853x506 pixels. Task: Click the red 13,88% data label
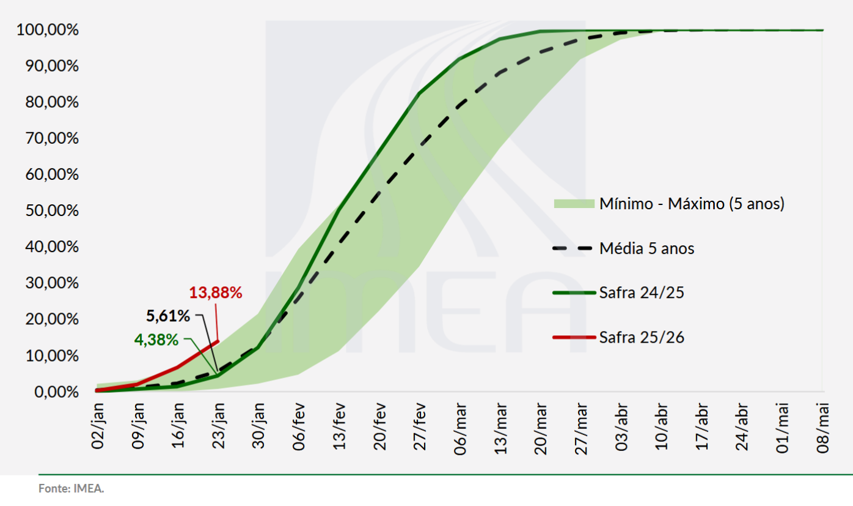[216, 292]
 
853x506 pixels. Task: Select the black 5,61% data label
[168, 316]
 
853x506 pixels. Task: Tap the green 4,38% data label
[156, 340]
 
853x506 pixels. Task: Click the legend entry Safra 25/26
[642, 337]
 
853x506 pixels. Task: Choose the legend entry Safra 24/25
[642, 292]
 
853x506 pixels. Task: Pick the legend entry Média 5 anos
[646, 248]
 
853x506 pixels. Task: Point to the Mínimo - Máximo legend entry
[691, 204]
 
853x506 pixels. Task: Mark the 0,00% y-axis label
[53, 392]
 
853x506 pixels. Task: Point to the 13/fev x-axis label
[340, 428]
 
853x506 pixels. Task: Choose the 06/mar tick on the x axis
[461, 428]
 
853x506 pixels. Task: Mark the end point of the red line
[218, 341]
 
